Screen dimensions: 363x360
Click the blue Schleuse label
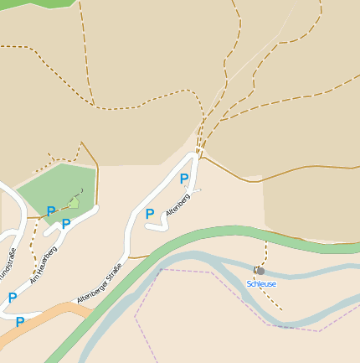[x=261, y=284]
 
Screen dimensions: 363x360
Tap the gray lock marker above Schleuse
[x=260, y=271]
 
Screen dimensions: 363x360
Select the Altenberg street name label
[x=177, y=204]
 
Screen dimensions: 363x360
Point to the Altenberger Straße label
[x=100, y=283]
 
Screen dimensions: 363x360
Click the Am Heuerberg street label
[x=43, y=264]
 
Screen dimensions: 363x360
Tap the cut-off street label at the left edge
[x=8, y=265]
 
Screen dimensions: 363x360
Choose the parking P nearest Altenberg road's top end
[x=184, y=179]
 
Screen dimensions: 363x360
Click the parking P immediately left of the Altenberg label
[x=150, y=214]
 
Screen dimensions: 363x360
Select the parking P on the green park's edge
[x=51, y=211]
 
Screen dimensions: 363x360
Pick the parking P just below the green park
[x=66, y=224]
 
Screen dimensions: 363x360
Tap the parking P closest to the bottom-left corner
[x=19, y=321]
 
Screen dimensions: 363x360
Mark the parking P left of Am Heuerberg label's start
[x=13, y=298]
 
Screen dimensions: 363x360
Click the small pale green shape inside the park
[x=74, y=202]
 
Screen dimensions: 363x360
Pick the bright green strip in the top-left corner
[x=33, y=3]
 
